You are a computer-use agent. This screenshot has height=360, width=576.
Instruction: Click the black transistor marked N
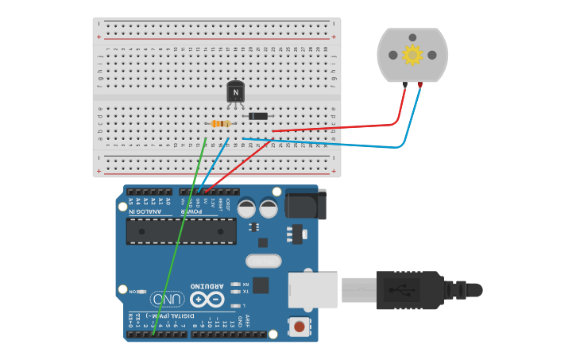coord(235,92)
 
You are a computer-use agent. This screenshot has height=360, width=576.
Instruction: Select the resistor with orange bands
coord(220,123)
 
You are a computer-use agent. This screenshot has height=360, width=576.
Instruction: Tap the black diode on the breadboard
coord(257,116)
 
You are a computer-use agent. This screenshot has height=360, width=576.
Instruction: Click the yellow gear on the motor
coord(412,54)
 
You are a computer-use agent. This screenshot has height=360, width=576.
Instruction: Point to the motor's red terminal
coord(419,84)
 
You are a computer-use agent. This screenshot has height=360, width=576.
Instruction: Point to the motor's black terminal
coord(405,84)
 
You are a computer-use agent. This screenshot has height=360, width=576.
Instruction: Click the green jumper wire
coord(179,238)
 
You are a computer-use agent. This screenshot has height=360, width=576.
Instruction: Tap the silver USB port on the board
coord(312,289)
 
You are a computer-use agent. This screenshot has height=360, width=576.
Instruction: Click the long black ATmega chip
coord(181,231)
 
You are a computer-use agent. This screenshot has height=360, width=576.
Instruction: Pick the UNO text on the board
coord(168,300)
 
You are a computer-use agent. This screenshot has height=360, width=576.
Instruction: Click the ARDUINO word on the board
coord(207,285)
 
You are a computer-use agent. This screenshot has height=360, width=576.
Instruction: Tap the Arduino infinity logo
coord(207,300)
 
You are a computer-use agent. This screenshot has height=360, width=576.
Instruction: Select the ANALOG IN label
coord(149,211)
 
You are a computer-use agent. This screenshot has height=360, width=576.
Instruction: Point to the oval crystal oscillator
coord(263,261)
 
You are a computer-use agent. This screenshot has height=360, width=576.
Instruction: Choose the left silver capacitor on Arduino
coord(247,208)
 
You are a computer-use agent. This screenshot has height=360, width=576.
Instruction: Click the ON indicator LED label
coord(133,292)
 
